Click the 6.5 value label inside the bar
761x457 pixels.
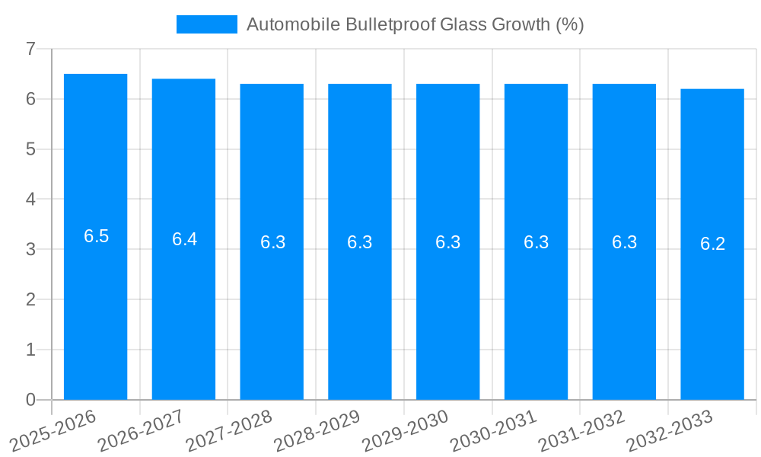(96, 236)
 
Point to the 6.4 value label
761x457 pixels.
(184, 239)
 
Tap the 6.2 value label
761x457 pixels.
(712, 244)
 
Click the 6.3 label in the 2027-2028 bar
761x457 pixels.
(272, 242)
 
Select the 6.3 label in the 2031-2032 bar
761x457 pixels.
(624, 242)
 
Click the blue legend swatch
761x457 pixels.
(206, 24)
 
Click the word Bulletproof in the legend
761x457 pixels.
(390, 24)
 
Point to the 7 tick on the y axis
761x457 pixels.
(30, 49)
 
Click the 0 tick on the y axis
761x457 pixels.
(30, 400)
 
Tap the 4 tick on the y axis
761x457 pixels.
(30, 200)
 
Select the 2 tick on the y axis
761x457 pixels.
(30, 299)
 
